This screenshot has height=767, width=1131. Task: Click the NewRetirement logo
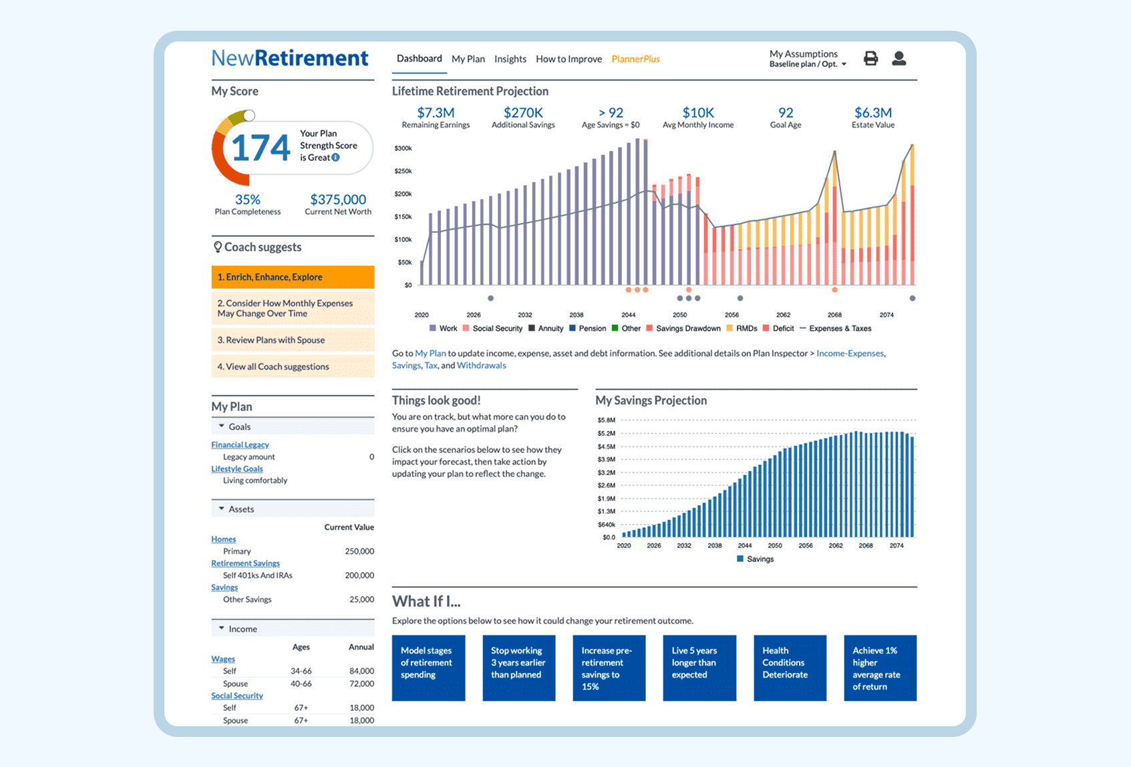(x=289, y=58)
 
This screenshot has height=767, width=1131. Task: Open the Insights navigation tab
(x=510, y=59)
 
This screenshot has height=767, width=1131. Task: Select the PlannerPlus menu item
(x=635, y=59)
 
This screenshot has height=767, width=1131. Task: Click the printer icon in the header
(x=870, y=59)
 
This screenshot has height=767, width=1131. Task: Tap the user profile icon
(x=899, y=59)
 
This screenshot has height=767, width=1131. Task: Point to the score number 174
(x=261, y=148)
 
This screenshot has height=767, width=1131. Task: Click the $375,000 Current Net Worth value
(x=338, y=199)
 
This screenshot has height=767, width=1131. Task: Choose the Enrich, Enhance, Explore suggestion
(x=293, y=277)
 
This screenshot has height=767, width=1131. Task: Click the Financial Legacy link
(x=240, y=445)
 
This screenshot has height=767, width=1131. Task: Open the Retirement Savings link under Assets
(x=245, y=563)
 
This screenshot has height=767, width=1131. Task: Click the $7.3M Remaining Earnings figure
(x=436, y=113)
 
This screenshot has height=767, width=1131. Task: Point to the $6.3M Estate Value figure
(x=872, y=113)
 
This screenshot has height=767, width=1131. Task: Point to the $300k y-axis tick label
(x=403, y=148)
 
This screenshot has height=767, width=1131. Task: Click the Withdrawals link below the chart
(x=481, y=365)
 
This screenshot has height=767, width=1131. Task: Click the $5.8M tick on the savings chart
(x=607, y=420)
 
